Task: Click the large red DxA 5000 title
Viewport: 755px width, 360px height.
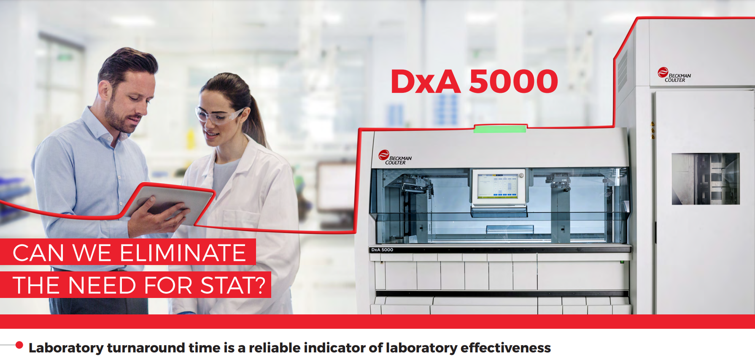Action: [474, 81]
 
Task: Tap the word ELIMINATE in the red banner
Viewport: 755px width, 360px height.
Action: [183, 253]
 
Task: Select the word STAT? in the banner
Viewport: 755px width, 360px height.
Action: [233, 285]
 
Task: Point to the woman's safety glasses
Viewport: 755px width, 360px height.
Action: [220, 115]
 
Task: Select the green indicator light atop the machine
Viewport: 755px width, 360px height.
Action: [500, 128]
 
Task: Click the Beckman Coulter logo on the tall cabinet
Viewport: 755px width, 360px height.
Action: [674, 75]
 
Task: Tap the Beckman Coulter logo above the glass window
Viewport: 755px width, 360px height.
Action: [395, 157]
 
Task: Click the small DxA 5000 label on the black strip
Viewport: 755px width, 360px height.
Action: [382, 250]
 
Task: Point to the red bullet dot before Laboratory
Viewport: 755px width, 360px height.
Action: [19, 345]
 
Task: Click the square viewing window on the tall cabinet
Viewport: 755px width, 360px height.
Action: [705, 179]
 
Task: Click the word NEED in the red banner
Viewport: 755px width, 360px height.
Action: [101, 285]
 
